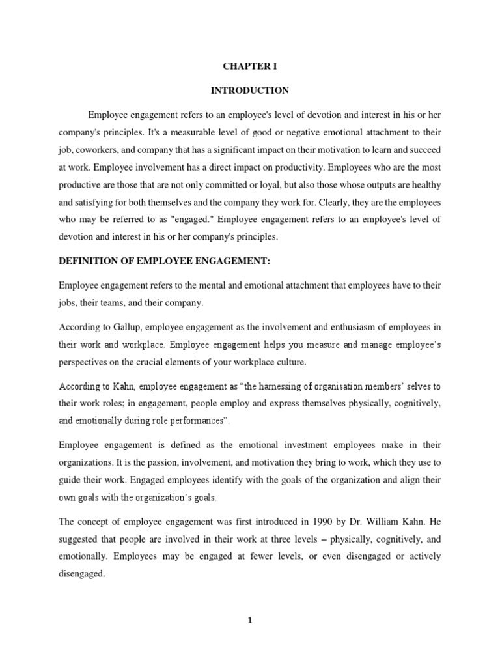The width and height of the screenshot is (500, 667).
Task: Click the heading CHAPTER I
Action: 250,66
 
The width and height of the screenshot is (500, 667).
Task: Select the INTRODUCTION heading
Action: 250,91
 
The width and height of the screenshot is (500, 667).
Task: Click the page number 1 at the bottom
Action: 250,621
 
